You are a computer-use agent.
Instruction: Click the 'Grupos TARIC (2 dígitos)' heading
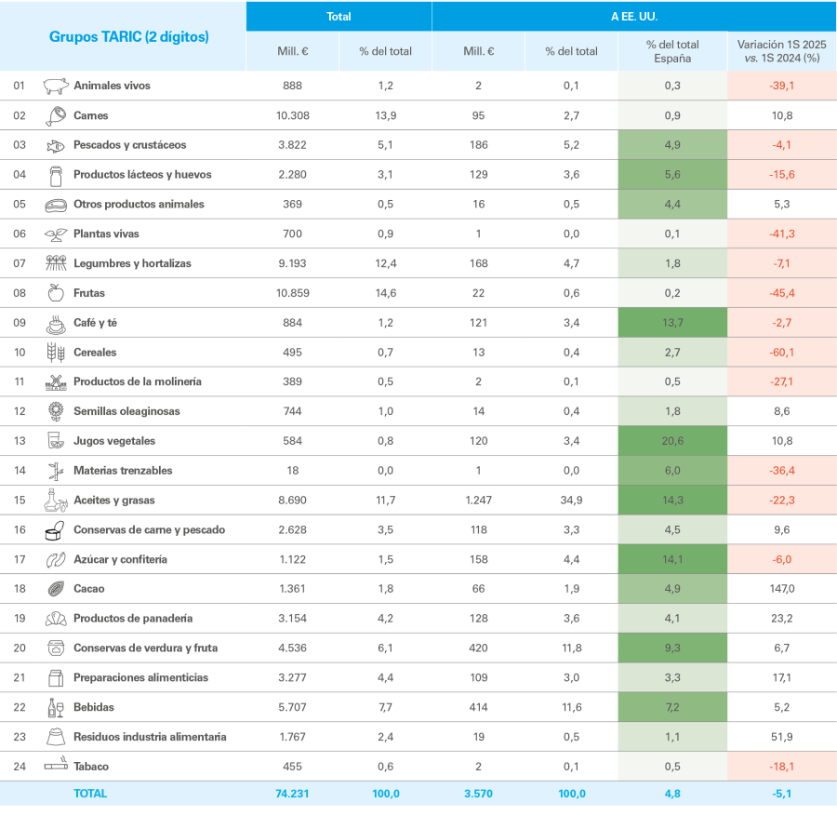[128, 37]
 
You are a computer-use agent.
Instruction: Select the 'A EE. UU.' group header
[633, 16]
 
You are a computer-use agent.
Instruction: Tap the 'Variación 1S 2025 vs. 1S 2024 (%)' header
[781, 51]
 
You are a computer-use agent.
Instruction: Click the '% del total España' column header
[672, 51]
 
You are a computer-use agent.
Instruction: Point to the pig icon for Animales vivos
[56, 86]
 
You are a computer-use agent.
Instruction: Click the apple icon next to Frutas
[56, 293]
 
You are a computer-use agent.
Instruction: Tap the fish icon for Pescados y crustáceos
[56, 145]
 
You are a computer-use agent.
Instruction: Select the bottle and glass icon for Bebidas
[56, 707]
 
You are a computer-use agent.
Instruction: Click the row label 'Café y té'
[95, 323]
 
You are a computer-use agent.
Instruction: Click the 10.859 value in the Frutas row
[293, 293]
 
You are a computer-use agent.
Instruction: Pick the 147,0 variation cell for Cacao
[781, 589]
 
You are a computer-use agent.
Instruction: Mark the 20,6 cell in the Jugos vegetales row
[672, 441]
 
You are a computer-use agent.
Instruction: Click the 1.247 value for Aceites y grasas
[479, 501]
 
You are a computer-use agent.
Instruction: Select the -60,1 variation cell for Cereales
[781, 353]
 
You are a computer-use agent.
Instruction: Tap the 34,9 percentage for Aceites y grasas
[571, 501]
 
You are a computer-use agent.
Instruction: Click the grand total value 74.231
[293, 794]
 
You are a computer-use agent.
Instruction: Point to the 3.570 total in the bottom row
[479, 794]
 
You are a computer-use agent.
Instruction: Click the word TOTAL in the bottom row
[90, 794]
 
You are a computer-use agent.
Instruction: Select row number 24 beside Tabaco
[19, 767]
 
